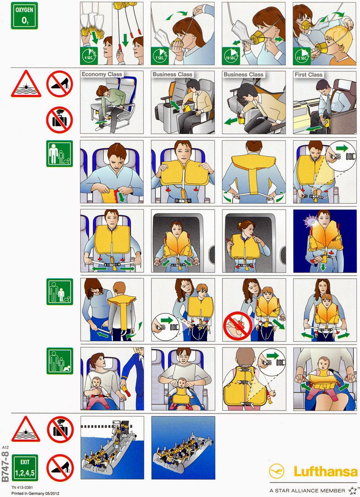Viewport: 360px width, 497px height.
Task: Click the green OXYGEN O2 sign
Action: click(x=24, y=16)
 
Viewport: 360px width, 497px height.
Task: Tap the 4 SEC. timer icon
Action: click(x=89, y=56)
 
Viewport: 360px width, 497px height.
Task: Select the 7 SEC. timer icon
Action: click(x=160, y=56)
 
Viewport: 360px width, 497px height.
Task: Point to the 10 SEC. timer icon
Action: click(x=231, y=56)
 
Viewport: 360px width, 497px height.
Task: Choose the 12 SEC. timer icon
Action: click(x=302, y=56)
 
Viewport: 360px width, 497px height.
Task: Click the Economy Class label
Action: click(x=102, y=74)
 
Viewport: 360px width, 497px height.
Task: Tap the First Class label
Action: click(x=308, y=75)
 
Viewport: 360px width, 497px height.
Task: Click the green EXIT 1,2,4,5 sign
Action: click(x=25, y=468)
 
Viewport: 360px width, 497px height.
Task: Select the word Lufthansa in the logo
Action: click(x=326, y=471)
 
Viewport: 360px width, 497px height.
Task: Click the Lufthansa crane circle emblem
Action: click(x=276, y=471)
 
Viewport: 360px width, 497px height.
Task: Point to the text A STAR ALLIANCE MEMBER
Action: click(x=307, y=491)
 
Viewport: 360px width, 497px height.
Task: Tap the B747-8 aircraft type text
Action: click(x=5, y=466)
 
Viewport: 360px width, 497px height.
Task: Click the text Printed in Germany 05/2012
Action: click(x=35, y=494)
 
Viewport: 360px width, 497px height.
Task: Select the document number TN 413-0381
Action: click(x=22, y=487)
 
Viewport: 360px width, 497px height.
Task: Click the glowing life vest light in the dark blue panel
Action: click(x=311, y=222)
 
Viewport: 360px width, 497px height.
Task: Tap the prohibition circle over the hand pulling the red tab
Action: click(x=238, y=326)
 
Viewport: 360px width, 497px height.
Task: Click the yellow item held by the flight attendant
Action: click(x=126, y=390)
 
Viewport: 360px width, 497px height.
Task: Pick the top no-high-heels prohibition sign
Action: click(x=60, y=84)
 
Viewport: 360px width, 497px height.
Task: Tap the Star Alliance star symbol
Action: click(x=353, y=490)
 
